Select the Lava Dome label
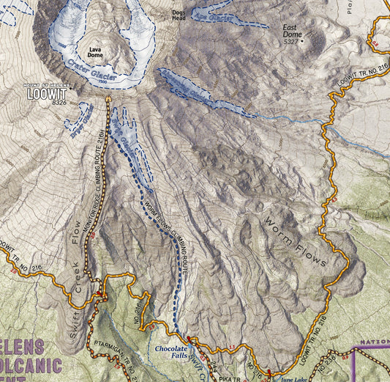pos(95,52)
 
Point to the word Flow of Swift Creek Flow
pos(75,234)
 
